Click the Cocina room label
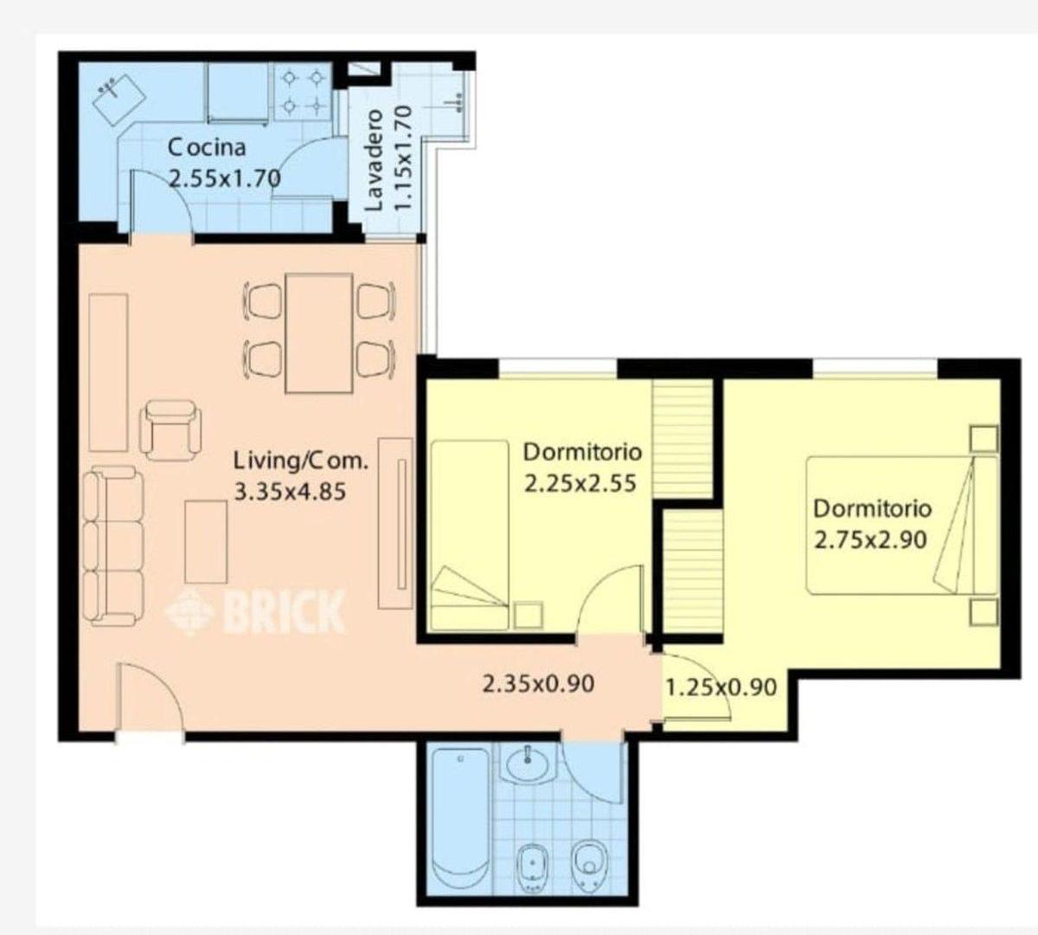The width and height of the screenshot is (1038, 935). (x=207, y=148)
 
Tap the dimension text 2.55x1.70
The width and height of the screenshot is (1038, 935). (x=225, y=179)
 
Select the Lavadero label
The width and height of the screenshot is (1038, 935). (x=374, y=161)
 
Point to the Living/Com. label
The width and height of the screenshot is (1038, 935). (x=301, y=461)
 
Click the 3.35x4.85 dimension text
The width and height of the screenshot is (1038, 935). (x=290, y=492)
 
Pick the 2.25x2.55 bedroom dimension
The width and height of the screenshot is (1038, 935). (x=580, y=484)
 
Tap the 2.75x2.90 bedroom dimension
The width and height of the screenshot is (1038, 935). (x=870, y=540)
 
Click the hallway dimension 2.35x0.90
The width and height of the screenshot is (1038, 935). (x=538, y=684)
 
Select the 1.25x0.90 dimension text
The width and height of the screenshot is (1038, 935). (x=721, y=687)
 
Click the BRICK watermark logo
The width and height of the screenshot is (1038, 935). (x=255, y=612)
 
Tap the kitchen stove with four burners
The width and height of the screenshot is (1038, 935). (x=303, y=93)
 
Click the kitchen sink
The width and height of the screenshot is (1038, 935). (x=119, y=100)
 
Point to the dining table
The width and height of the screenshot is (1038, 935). (x=318, y=333)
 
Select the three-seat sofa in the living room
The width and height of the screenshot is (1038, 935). (x=112, y=546)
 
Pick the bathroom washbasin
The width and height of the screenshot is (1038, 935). (x=528, y=764)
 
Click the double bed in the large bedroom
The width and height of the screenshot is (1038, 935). (x=901, y=526)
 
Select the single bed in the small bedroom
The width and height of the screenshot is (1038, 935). (x=470, y=536)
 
